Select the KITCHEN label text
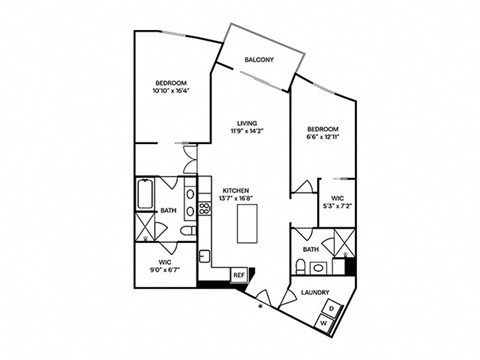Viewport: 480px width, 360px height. [x=236, y=189]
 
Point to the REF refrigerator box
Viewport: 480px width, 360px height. [x=239, y=274]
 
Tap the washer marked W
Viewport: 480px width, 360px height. [x=322, y=323]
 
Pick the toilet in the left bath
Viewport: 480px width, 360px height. [x=188, y=233]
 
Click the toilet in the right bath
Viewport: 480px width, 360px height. [x=300, y=266]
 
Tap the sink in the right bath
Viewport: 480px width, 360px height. [x=318, y=267]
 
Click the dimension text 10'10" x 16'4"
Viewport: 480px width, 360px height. [x=172, y=91]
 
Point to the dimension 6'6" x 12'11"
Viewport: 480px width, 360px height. [x=323, y=139]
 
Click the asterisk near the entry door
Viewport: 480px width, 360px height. [x=262, y=307]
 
